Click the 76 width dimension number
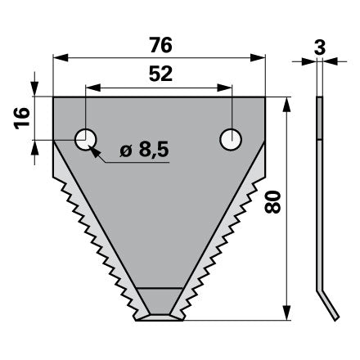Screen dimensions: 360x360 click(x=161, y=45)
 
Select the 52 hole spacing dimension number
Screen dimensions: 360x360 click(x=161, y=74)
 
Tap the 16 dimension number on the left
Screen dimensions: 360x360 click(x=22, y=119)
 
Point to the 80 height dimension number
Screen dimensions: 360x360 click(x=272, y=202)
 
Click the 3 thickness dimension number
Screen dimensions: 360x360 click(x=320, y=47)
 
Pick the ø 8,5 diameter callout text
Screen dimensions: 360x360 click(x=145, y=150)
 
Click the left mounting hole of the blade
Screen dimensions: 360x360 click(x=86, y=140)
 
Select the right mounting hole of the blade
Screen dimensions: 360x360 click(x=231, y=140)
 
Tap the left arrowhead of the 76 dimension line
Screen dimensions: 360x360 click(x=61, y=58)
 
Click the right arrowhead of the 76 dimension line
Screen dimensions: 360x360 click(x=258, y=58)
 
